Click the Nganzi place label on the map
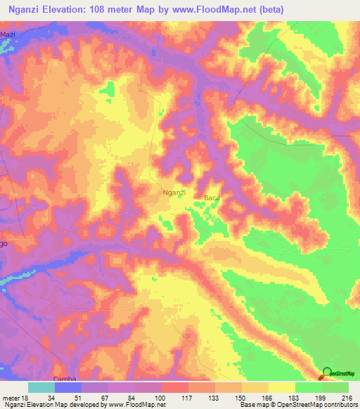click(x=174, y=192)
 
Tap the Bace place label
click(x=212, y=198)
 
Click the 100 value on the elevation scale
click(x=160, y=397)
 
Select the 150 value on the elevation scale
click(x=240, y=397)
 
